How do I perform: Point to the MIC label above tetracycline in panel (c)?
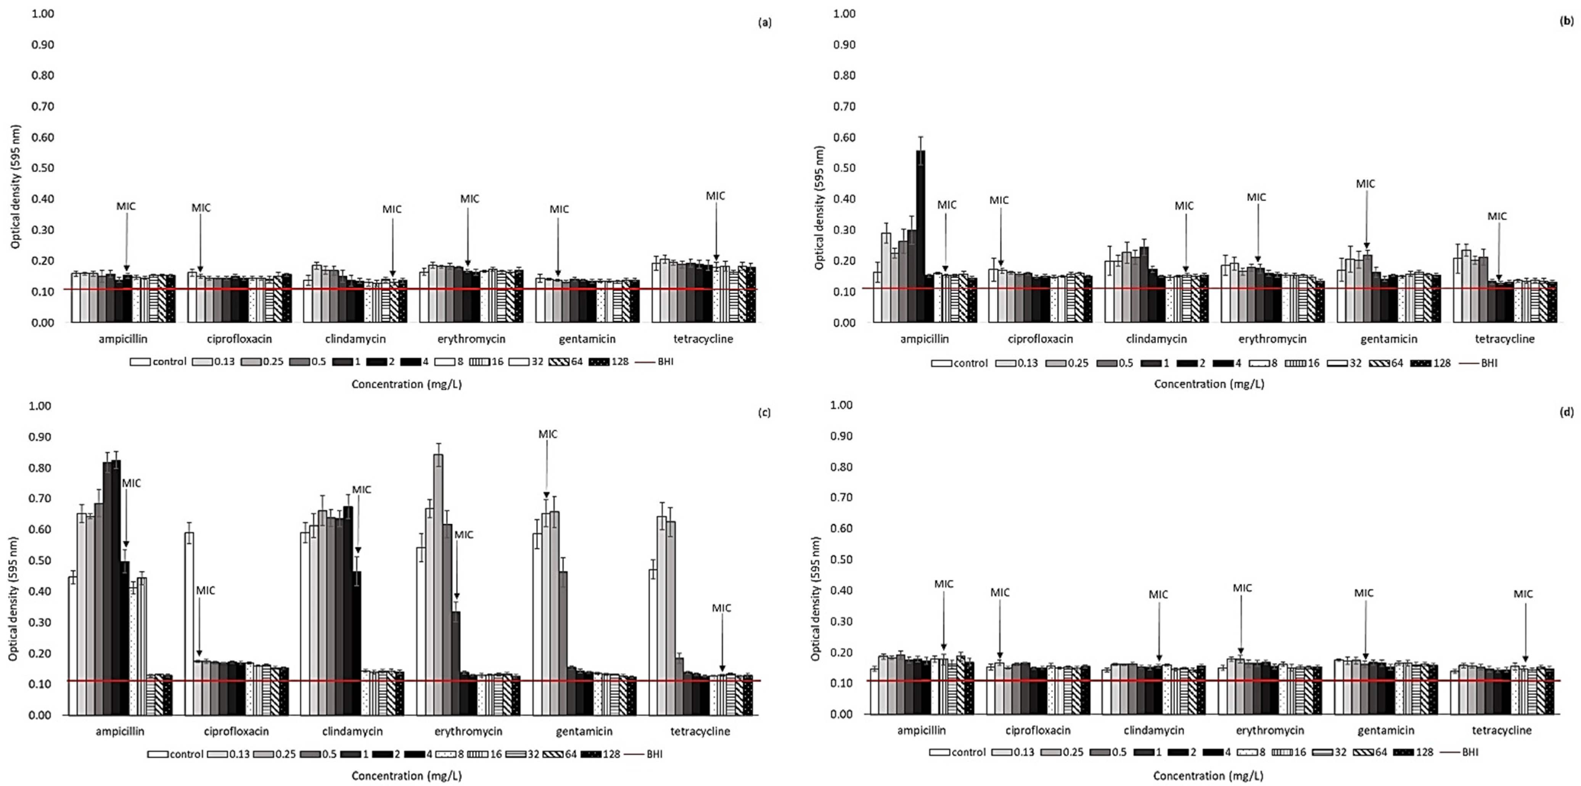click(721, 608)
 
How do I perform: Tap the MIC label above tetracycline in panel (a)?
click(715, 196)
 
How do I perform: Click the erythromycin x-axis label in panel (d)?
click(1269, 730)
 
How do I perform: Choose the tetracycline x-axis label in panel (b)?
click(1504, 339)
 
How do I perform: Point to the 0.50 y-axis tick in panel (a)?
click(43, 168)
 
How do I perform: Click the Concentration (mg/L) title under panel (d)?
click(1208, 776)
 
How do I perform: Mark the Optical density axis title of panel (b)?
click(819, 207)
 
